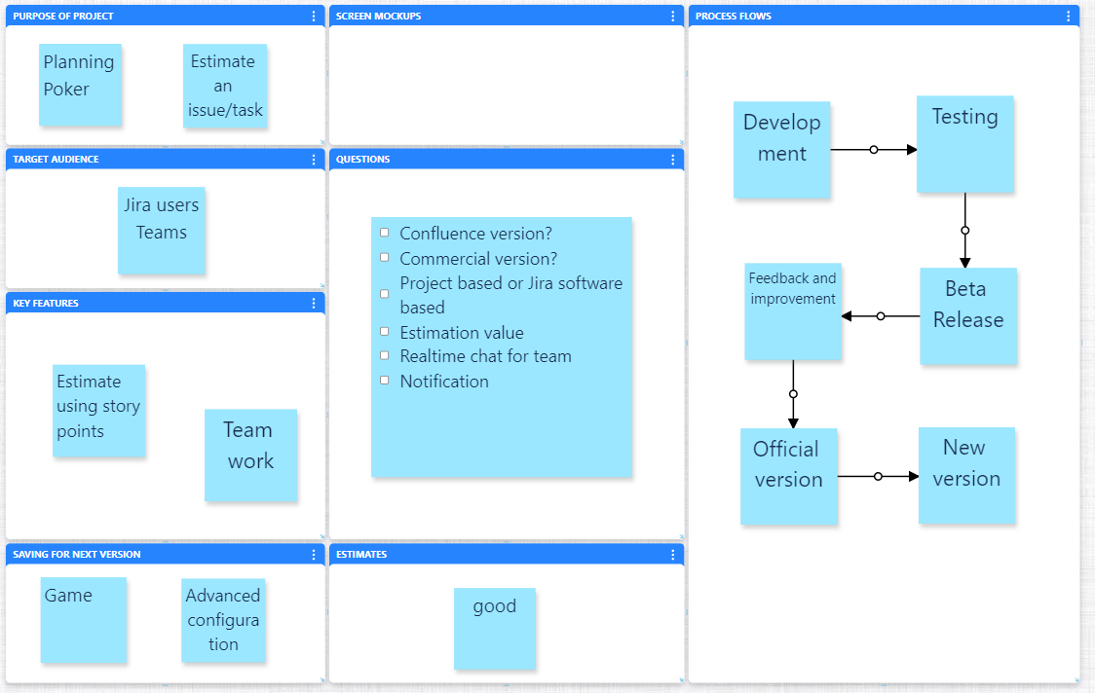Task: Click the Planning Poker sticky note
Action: point(80,85)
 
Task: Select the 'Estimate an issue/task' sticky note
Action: point(225,86)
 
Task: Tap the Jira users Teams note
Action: point(162,230)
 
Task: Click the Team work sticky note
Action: point(250,455)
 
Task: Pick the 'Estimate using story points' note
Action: point(98,410)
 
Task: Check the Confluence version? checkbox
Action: point(384,233)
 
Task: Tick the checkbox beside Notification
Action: point(384,381)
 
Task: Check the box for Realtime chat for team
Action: point(384,355)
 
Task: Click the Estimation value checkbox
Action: point(384,332)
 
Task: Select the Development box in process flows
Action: point(781,150)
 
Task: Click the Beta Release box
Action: point(967,315)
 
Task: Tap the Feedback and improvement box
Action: point(793,311)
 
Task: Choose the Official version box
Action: point(788,476)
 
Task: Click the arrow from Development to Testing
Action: point(874,150)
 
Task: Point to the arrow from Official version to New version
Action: point(878,477)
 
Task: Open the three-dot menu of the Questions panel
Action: point(673,160)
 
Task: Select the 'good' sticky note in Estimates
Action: point(495,628)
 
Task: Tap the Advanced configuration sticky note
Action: point(223,620)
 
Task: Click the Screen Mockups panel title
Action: point(379,17)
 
